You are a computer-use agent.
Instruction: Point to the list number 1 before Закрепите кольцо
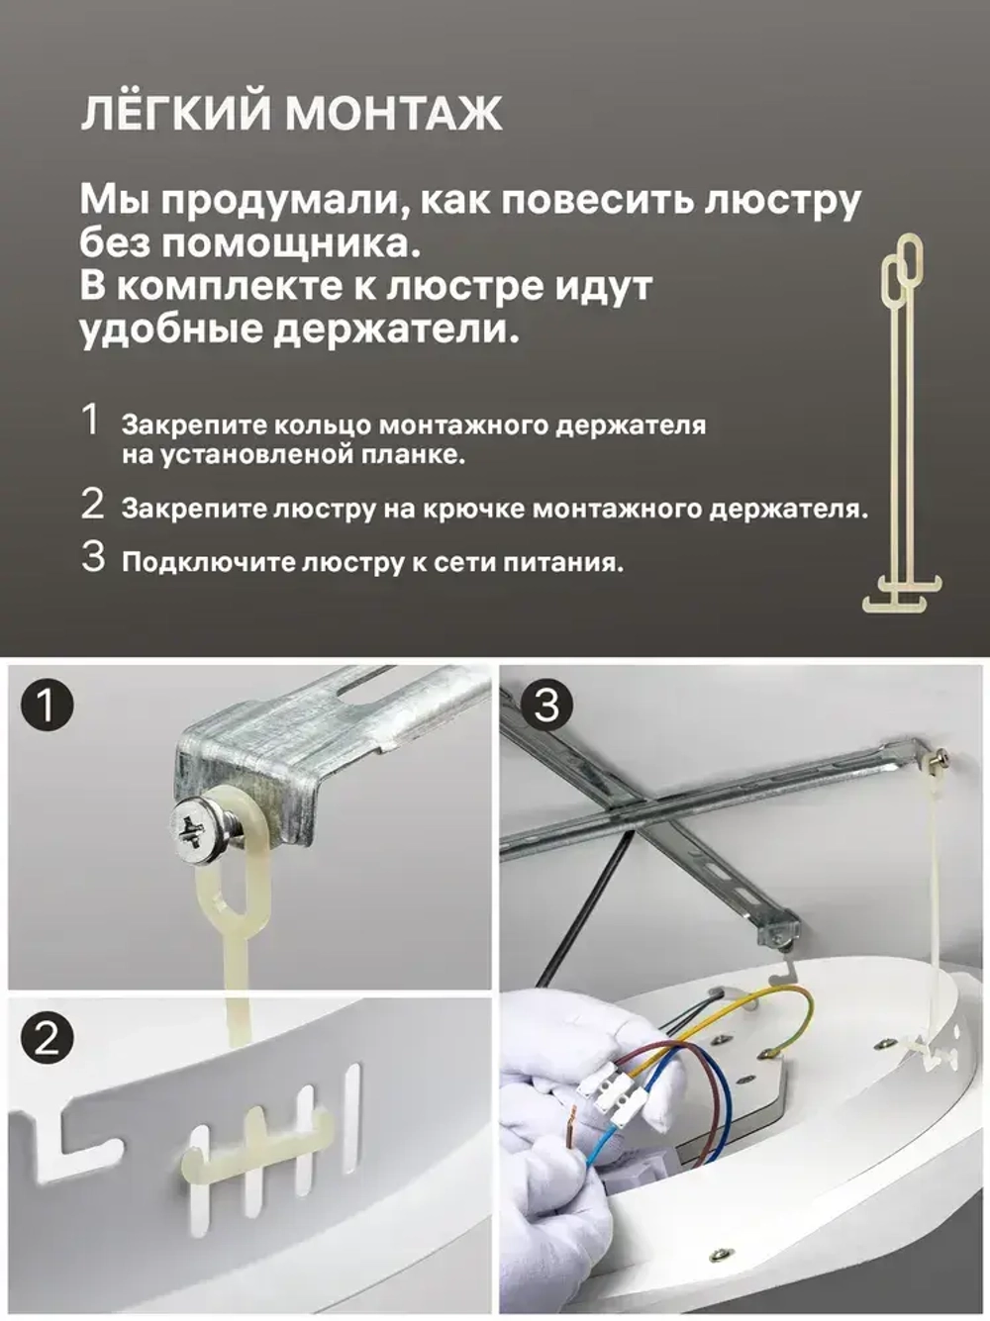91,421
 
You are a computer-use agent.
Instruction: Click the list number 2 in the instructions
92,505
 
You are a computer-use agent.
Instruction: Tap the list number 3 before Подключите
93,557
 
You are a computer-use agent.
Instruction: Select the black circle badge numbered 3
545,706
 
